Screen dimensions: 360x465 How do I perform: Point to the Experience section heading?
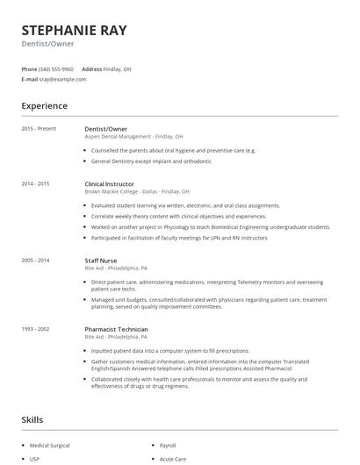(45, 106)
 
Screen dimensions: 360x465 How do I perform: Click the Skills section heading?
(32, 420)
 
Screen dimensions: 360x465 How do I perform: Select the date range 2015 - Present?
(40, 129)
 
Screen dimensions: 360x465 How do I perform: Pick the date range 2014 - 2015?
(36, 184)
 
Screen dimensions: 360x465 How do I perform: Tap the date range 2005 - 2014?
(36, 261)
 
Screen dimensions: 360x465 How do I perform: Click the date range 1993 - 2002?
(36, 329)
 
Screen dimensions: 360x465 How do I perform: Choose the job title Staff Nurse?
(101, 261)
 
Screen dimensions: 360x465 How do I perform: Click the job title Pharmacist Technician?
(117, 329)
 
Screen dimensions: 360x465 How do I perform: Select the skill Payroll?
(168, 446)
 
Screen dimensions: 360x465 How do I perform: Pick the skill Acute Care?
(171, 459)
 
